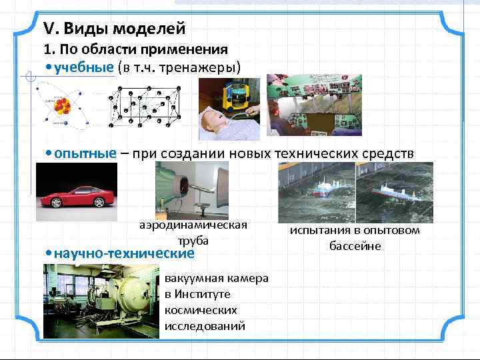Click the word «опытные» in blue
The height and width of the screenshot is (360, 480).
click(x=85, y=153)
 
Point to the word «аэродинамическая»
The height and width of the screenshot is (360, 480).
click(x=193, y=225)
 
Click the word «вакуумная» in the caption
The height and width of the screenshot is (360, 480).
click(x=190, y=278)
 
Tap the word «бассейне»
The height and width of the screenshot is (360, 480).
click(x=355, y=246)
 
